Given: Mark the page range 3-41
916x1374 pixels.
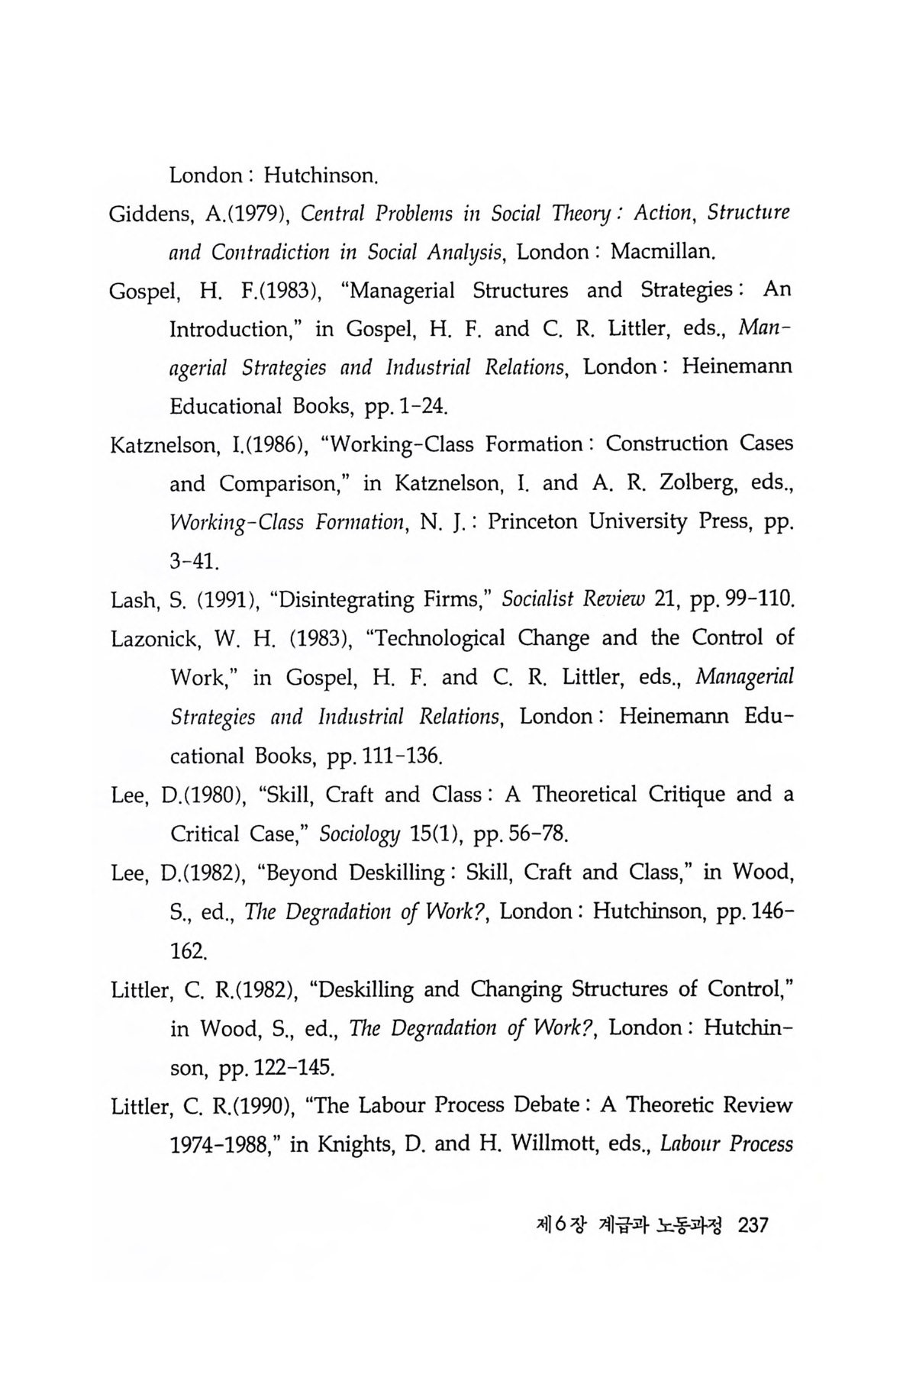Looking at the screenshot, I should (x=195, y=562).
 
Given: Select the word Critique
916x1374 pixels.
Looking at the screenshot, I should (x=686, y=795).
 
